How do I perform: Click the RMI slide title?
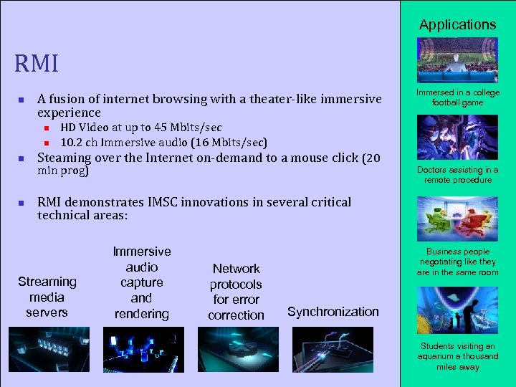pyautogui.click(x=37, y=64)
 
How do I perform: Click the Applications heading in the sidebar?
pyautogui.click(x=457, y=24)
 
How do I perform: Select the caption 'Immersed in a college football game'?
pyautogui.click(x=457, y=97)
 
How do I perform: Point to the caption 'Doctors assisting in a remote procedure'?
pyautogui.click(x=457, y=175)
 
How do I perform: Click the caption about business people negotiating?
pyautogui.click(x=457, y=262)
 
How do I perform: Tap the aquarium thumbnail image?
pyautogui.click(x=457, y=310)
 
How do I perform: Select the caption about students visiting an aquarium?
pyautogui.click(x=457, y=356)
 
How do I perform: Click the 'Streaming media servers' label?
pyautogui.click(x=47, y=297)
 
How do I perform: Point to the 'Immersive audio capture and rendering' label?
pyautogui.click(x=142, y=282)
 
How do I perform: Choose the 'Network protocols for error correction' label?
pyautogui.click(x=236, y=292)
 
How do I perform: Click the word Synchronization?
pyautogui.click(x=333, y=312)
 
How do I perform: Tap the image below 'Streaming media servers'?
pyautogui.click(x=49, y=350)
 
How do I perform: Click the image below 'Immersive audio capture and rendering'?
pyautogui.click(x=143, y=350)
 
